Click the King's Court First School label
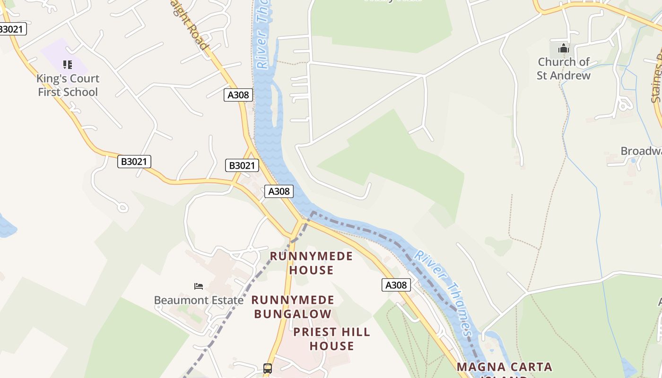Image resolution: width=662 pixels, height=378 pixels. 68,86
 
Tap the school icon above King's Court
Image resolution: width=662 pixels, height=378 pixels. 68,64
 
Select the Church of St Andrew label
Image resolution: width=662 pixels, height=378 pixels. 563,69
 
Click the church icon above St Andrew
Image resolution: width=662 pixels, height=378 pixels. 563,48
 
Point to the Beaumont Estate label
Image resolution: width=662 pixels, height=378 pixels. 199,300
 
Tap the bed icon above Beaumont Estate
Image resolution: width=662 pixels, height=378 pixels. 199,286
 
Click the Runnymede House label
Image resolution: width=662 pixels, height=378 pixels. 311,263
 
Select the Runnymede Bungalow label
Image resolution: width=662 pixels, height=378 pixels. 293,307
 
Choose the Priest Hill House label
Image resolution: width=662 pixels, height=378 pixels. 331,339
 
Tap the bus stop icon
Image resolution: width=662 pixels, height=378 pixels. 268,369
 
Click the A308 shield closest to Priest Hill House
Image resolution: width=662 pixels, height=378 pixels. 396,285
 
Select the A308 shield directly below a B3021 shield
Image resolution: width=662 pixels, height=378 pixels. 279,191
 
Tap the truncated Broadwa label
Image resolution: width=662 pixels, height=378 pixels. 641,151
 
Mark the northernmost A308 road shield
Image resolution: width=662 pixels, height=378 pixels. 238,95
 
